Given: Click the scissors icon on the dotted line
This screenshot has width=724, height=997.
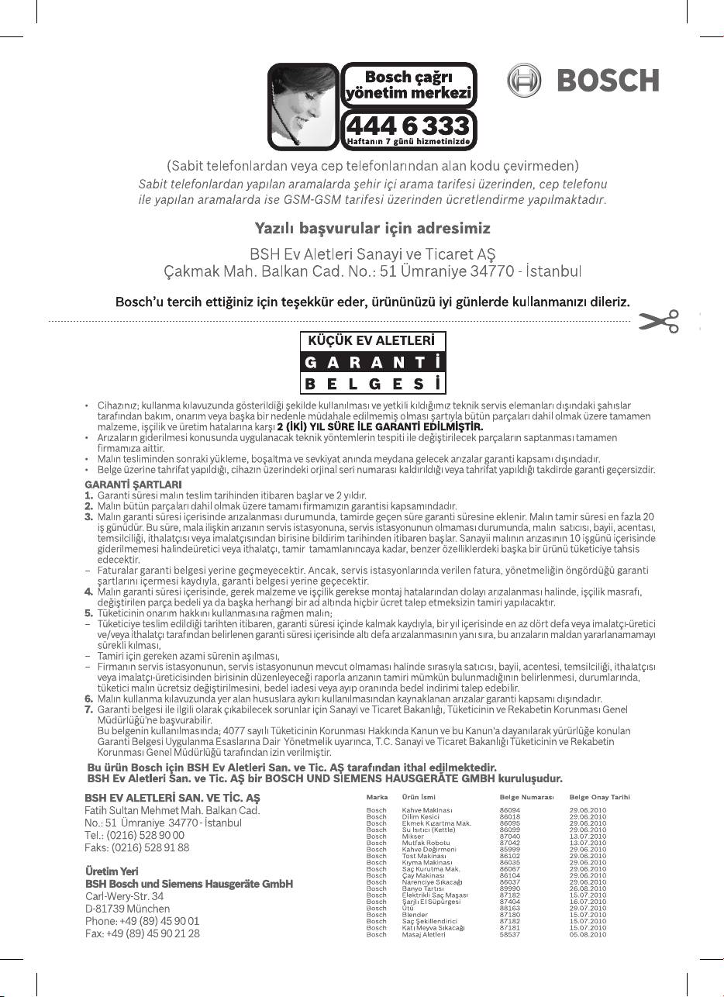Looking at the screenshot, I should pyautogui.click(x=658, y=322).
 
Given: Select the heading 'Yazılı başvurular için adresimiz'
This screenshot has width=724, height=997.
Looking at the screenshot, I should pyautogui.click(x=372, y=229).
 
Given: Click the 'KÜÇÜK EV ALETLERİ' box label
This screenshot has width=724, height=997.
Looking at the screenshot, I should pyautogui.click(x=372, y=340).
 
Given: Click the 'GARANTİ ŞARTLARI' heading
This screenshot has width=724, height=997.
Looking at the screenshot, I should pyautogui.click(x=122, y=484).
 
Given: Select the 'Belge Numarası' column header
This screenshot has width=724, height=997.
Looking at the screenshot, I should pyautogui.click(x=526, y=796).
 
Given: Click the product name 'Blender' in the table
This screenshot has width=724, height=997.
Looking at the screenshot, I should pyautogui.click(x=414, y=915).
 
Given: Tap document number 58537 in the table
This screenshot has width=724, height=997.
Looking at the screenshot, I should pyautogui.click(x=510, y=934).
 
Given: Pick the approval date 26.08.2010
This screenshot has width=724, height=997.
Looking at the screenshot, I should pyautogui.click(x=588, y=888).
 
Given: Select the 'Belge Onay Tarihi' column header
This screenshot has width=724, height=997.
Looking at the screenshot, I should pyautogui.click(x=599, y=796).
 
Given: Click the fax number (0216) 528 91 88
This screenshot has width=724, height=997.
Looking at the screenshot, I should pyautogui.click(x=136, y=847).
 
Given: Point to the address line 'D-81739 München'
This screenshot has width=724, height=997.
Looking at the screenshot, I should pyautogui.click(x=127, y=908).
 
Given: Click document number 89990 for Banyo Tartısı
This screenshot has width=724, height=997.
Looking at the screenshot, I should pyautogui.click(x=510, y=888).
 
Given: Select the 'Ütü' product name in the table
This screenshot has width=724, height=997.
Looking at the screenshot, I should pyautogui.click(x=409, y=908).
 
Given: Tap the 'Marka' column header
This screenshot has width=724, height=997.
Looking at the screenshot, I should pyautogui.click(x=377, y=796).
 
